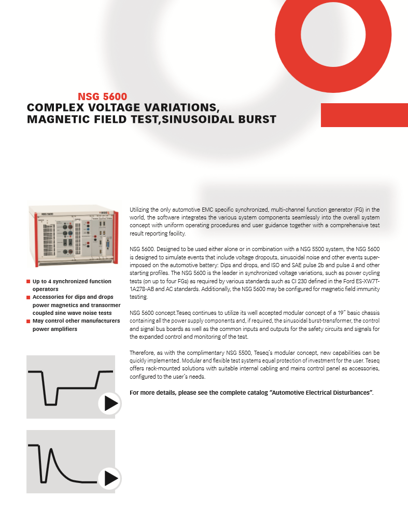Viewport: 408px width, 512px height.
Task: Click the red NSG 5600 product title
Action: [x=102, y=96]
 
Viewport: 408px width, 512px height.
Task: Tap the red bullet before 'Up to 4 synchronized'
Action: [x=29, y=282]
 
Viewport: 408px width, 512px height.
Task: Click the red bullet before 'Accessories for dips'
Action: [x=29, y=297]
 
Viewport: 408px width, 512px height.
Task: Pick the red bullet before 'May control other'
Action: [x=29, y=321]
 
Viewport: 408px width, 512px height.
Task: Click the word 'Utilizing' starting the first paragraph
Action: [x=139, y=210]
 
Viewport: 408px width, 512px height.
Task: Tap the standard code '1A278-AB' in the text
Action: [x=141, y=289]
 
